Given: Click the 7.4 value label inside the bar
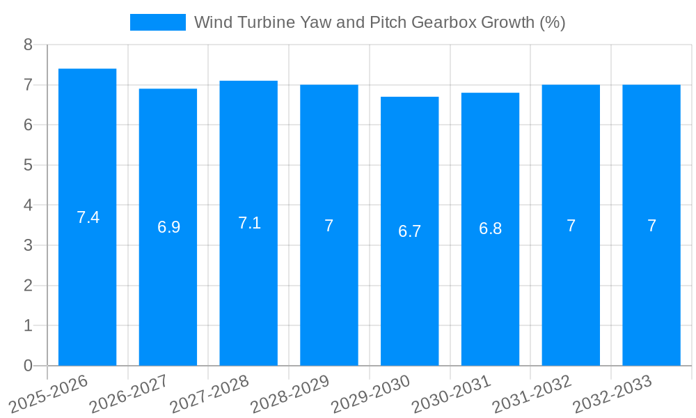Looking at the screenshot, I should [x=88, y=217].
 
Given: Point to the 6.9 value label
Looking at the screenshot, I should [x=168, y=227].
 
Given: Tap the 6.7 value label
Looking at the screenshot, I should [x=409, y=231].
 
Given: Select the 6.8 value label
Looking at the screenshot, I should [x=490, y=229].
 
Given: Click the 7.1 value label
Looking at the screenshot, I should [x=249, y=223].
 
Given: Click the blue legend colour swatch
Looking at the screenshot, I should [x=158, y=22].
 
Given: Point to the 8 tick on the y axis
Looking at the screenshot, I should [x=28, y=45].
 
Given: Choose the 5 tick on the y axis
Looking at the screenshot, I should [x=28, y=165].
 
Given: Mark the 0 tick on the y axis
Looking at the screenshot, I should [x=28, y=366].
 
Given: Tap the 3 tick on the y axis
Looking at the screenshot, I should [x=28, y=245].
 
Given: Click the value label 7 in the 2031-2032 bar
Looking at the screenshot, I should [x=571, y=226].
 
